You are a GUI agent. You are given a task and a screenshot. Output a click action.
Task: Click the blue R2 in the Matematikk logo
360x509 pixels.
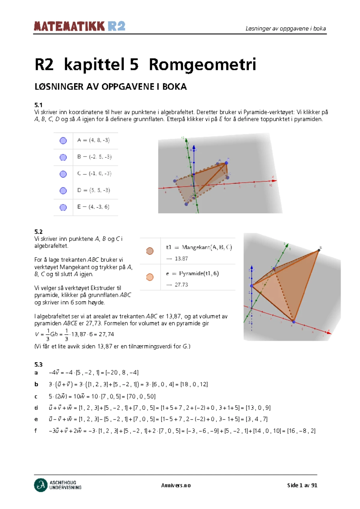pyautogui.click(x=116, y=26)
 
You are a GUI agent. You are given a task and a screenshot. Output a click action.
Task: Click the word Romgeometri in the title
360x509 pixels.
pyautogui.click(x=202, y=65)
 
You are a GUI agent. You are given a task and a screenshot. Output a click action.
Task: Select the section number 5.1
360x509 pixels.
pyautogui.click(x=38, y=105)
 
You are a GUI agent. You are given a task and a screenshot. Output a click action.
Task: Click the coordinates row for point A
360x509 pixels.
pyautogui.click(x=93, y=140)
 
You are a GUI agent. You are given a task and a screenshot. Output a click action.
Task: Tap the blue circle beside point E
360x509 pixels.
pyautogui.click(x=63, y=207)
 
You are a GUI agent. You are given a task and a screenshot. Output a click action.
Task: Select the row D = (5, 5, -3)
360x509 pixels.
pyautogui.click(x=94, y=190)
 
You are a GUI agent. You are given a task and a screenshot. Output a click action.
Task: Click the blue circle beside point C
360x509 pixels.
pyautogui.click(x=63, y=174)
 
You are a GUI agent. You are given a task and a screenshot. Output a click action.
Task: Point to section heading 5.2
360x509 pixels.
pyautogui.click(x=38, y=232)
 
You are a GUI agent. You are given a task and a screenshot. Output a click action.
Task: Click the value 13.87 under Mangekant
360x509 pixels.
pyautogui.click(x=181, y=259)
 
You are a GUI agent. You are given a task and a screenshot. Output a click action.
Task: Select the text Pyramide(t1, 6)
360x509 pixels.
pyautogui.click(x=199, y=273)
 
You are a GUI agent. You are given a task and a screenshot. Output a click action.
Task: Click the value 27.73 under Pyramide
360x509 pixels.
pyautogui.click(x=181, y=285)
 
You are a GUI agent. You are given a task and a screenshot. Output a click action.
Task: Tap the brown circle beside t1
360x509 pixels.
pyautogui.click(x=150, y=251)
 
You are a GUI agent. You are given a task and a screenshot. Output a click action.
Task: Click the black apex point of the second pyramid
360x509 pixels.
pyautogui.click(x=319, y=250)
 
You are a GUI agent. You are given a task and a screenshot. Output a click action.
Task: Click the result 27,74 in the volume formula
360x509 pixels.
pyautogui.click(x=106, y=334)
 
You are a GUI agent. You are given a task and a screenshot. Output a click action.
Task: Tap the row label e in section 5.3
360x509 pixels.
pyautogui.click(x=36, y=419)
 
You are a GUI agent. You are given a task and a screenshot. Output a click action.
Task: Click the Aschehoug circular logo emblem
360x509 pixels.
pyautogui.click(x=41, y=485)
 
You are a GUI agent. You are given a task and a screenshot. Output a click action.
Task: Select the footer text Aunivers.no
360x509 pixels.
pyautogui.click(x=176, y=485)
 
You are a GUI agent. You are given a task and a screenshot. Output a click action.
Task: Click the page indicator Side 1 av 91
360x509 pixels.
pyautogui.click(x=302, y=485)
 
